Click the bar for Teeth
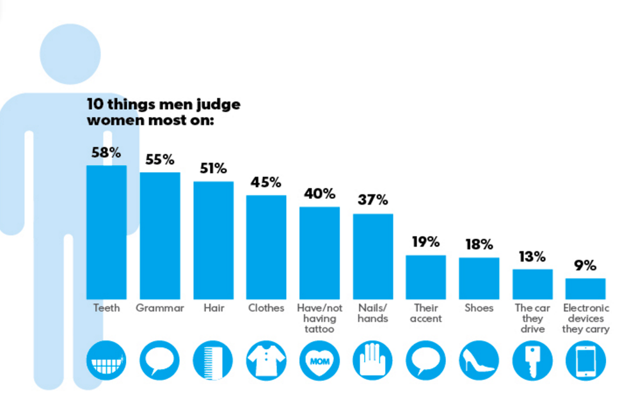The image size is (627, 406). pyautogui.click(x=106, y=231)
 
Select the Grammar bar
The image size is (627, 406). pyautogui.click(x=160, y=235)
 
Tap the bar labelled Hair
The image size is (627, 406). pyautogui.click(x=213, y=240)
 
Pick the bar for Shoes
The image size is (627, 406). pyautogui.click(x=479, y=277)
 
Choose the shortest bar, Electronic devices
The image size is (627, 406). pyautogui.click(x=585, y=288)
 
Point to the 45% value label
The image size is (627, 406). pyautogui.click(x=266, y=182)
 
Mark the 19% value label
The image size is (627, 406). pyautogui.click(x=425, y=242)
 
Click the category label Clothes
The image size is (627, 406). pyautogui.click(x=266, y=308)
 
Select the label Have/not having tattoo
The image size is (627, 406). pyautogui.click(x=319, y=318)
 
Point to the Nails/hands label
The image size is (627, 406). pyautogui.click(x=372, y=313)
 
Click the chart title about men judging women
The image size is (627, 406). pyautogui.click(x=164, y=112)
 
